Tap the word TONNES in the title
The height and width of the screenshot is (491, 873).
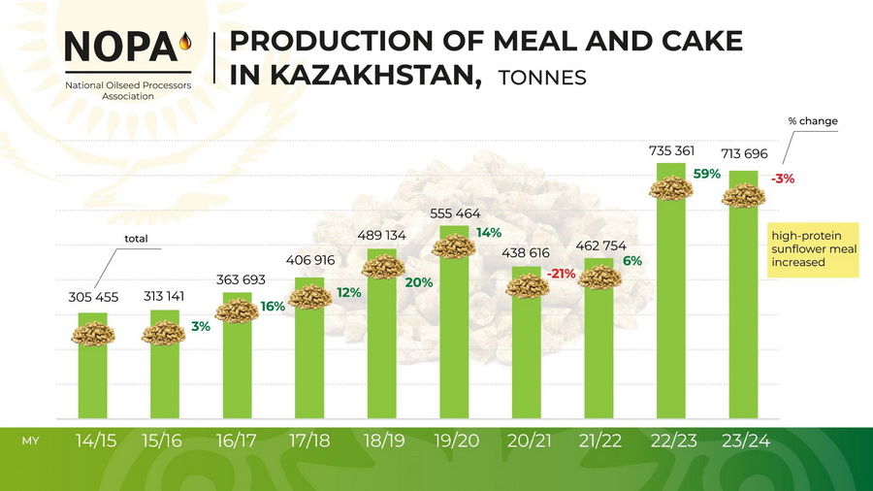pos(541,78)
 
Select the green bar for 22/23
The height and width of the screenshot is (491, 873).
pos(671,311)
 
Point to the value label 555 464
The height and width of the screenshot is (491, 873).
pos(455,213)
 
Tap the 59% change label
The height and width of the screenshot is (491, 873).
pos(707,174)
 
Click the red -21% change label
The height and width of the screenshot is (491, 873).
pos(562,274)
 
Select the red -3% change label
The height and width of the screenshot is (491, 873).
pos(783,179)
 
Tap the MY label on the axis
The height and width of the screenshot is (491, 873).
pos(30,442)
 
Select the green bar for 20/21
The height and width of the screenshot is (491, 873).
pos(527,359)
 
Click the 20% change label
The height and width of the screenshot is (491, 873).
pos(420,282)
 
